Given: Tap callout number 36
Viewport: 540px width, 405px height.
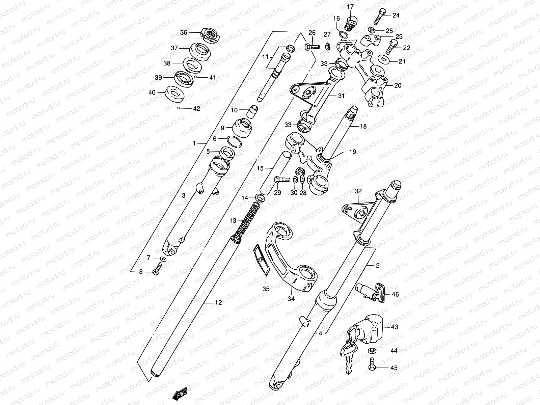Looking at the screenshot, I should (183, 32).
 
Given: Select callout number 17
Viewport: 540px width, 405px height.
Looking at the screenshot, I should (350, 6).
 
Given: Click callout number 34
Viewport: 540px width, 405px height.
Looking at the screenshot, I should (291, 299).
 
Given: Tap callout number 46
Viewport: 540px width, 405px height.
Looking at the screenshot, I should (395, 294).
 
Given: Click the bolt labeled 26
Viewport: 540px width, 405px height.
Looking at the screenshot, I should (313, 47).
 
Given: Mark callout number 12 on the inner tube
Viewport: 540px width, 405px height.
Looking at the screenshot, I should (218, 302).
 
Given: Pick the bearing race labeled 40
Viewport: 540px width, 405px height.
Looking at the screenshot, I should (175, 92).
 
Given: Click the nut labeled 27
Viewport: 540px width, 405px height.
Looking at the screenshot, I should (328, 46).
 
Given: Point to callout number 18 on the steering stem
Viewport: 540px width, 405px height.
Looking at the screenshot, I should (363, 126).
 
